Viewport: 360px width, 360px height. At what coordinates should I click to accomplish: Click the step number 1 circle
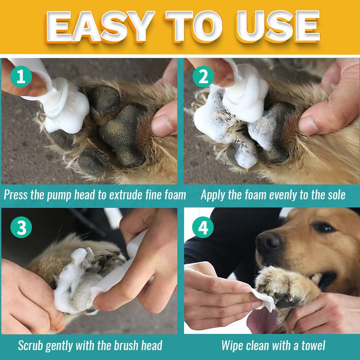tap(21, 76)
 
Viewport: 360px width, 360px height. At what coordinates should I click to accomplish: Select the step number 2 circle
tap(203, 76)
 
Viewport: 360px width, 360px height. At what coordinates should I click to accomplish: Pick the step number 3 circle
tap(21, 227)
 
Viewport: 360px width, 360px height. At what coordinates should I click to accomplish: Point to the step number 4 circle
tap(203, 227)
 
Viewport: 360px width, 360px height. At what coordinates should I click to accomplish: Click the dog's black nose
tap(269, 243)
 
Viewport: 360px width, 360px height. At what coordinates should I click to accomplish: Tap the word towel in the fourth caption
tap(313, 345)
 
